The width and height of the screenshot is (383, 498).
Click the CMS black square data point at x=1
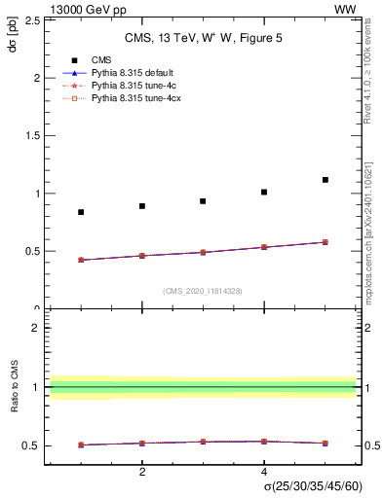tap(81, 212)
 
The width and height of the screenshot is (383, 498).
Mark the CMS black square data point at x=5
tap(326, 180)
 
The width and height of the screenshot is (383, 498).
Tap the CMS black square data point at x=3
tap(203, 201)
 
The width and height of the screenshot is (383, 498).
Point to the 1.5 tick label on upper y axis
tap(31, 135)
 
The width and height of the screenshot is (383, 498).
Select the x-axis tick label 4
tap(264, 472)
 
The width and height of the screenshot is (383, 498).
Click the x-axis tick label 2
tap(142, 472)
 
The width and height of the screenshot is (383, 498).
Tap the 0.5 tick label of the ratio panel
tap(31, 446)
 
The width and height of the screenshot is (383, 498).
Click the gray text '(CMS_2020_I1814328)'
tap(202, 291)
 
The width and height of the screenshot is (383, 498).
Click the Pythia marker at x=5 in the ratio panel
tap(326, 444)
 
